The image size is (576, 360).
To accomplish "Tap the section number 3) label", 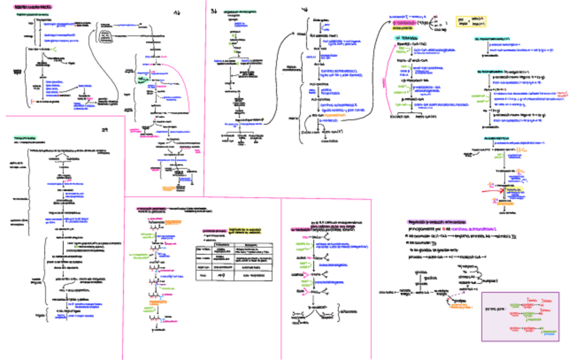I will click(x=214, y=11).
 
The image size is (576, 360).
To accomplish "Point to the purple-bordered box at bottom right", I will click(x=520, y=317).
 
